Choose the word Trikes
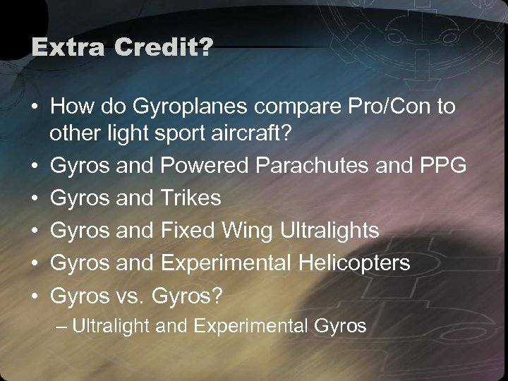191,199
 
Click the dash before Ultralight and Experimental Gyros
63,326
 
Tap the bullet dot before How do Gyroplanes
33,108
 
